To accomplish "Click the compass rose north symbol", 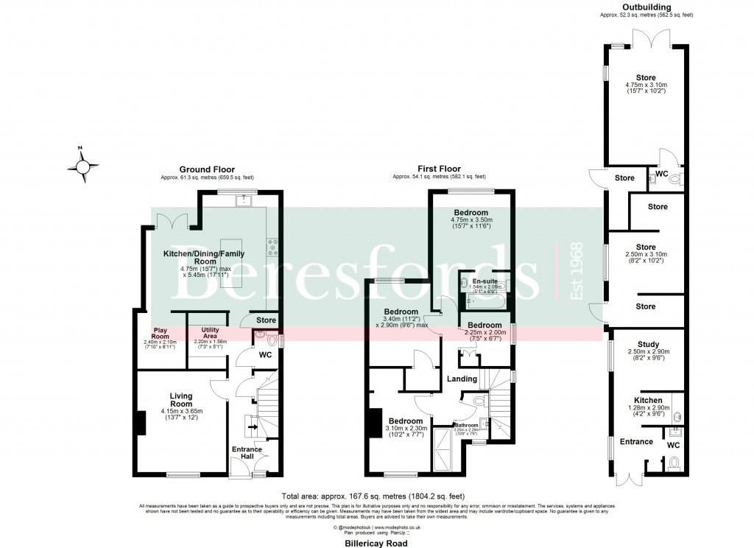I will coord(85,166).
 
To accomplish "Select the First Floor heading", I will coord(439,169).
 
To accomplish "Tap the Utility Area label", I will coord(206,332).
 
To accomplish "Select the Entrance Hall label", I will coord(243,452).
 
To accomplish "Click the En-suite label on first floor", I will coord(483,281).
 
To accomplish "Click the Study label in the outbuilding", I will coord(648,344).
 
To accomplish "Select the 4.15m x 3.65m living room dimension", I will coord(181,412).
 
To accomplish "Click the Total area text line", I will coord(373,496).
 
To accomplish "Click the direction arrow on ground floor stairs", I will coord(252,426).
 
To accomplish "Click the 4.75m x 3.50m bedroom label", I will coord(471,219).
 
